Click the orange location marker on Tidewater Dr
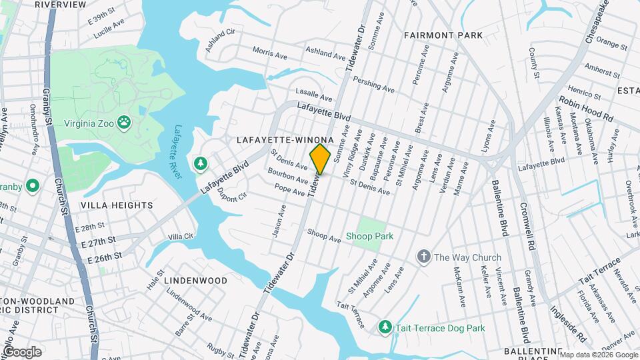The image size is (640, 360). click(320, 159)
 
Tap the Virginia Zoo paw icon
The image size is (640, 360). click(123, 122)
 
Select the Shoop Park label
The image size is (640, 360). click(369, 236)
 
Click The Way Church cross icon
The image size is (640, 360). click(423, 257)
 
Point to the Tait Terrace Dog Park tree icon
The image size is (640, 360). click(385, 327)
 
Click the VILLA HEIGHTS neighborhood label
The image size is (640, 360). click(116, 205)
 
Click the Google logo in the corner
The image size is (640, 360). click(21, 351)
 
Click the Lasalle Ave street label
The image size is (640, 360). click(314, 97)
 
